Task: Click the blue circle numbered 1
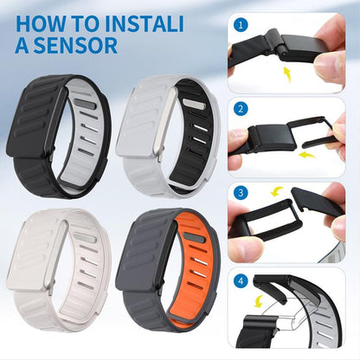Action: (240, 27)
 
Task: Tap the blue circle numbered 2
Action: (240, 111)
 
